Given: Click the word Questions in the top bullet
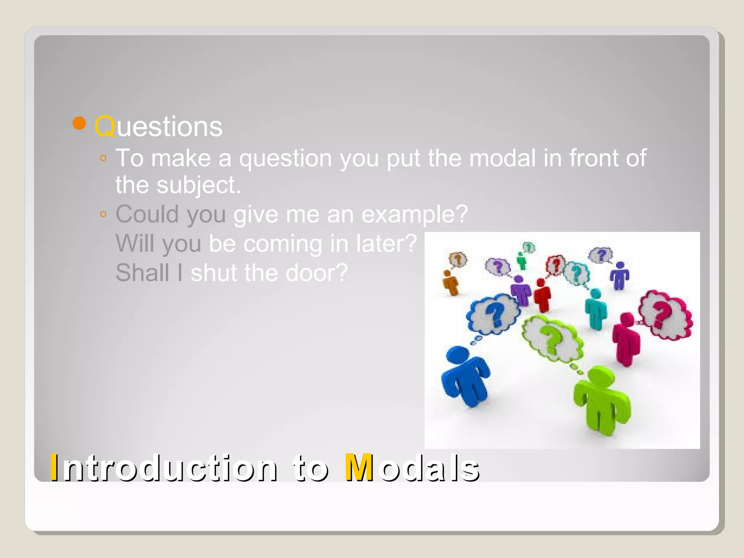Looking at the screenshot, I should click(x=158, y=127).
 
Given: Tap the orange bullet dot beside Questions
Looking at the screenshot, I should click(x=79, y=124).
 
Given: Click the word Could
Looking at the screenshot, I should click(x=147, y=214).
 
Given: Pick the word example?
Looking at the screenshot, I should click(x=415, y=214).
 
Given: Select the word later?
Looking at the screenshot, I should click(x=387, y=243).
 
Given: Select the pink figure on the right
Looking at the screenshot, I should click(x=626, y=338).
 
